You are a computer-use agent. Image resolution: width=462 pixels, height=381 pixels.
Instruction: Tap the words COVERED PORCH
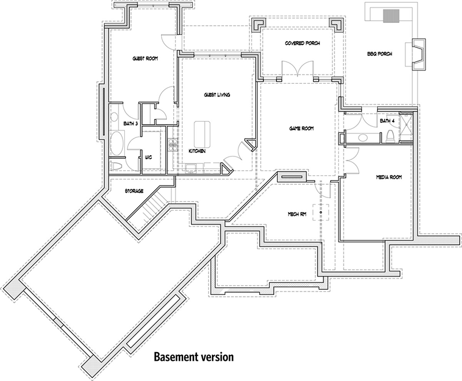299,44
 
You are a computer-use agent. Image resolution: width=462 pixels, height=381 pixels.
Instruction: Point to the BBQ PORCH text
379,54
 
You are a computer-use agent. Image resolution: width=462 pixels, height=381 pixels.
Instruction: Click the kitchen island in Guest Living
203,134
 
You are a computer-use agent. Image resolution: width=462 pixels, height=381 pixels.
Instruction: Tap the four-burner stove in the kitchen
171,145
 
